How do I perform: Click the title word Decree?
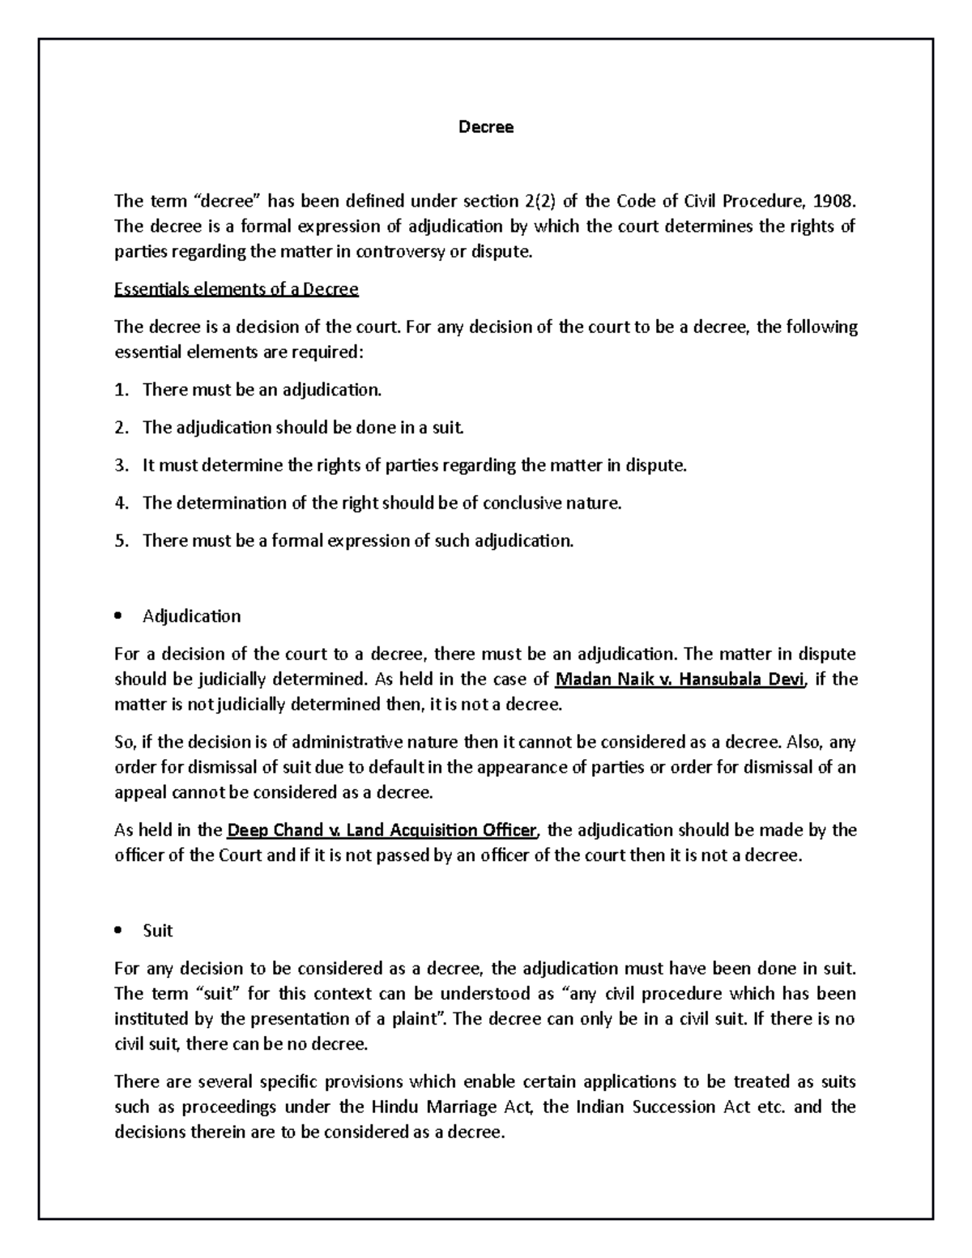tap(486, 127)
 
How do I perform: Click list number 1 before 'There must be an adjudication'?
tap(121, 390)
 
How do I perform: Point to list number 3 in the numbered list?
tap(121, 465)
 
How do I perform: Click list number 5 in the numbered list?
tap(121, 540)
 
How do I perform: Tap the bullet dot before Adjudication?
tap(118, 616)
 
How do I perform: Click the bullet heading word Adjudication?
tap(191, 616)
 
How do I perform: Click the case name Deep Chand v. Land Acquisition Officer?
tap(382, 830)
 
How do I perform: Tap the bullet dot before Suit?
tap(118, 931)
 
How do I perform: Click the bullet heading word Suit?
tap(157, 931)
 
